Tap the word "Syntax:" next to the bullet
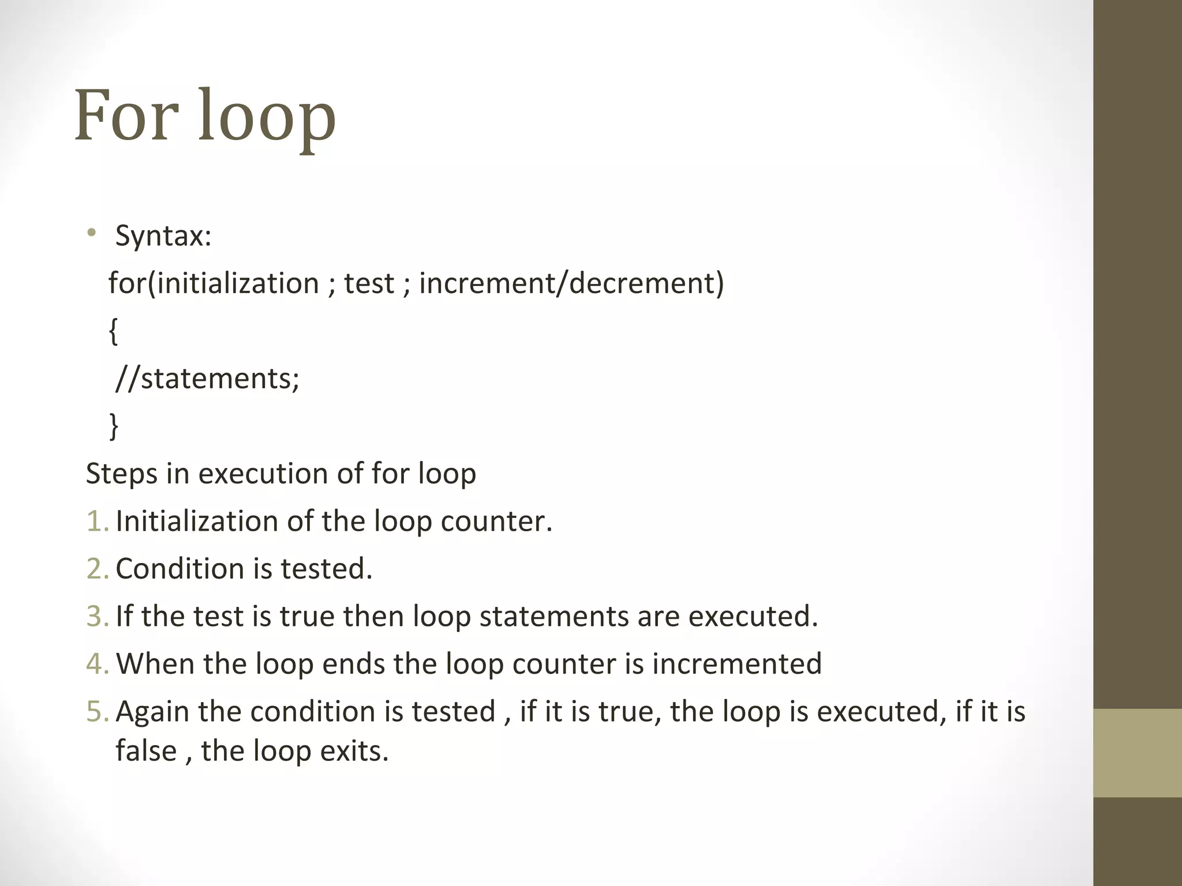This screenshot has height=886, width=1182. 163,236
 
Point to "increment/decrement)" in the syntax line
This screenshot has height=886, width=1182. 571,283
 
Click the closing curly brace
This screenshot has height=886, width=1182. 114,426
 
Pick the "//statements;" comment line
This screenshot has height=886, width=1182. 207,379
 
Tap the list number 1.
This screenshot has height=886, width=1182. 96,521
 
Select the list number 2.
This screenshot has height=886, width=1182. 96,569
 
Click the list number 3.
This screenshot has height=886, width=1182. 96,616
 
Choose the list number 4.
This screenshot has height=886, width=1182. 96,664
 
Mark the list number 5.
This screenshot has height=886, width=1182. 96,711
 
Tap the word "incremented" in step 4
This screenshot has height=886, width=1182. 737,664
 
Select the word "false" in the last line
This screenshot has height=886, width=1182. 145,751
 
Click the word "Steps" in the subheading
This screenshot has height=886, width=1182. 121,474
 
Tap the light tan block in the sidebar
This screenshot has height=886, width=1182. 1137,753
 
